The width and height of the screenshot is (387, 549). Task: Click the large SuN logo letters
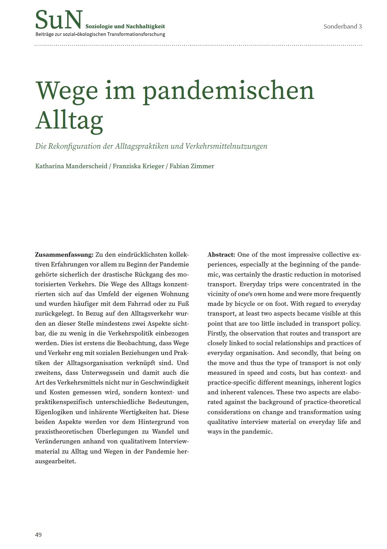click(x=59, y=20)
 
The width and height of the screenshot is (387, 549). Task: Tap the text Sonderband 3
click(x=342, y=26)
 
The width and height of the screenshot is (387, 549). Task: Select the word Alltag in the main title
click(x=69, y=120)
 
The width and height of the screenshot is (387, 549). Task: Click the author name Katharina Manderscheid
click(x=71, y=166)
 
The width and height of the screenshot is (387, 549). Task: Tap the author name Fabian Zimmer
click(x=191, y=166)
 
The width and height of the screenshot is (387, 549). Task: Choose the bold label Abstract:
click(x=221, y=255)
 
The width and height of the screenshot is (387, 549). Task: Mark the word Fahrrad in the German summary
click(x=141, y=303)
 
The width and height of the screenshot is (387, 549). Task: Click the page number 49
click(x=38, y=535)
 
